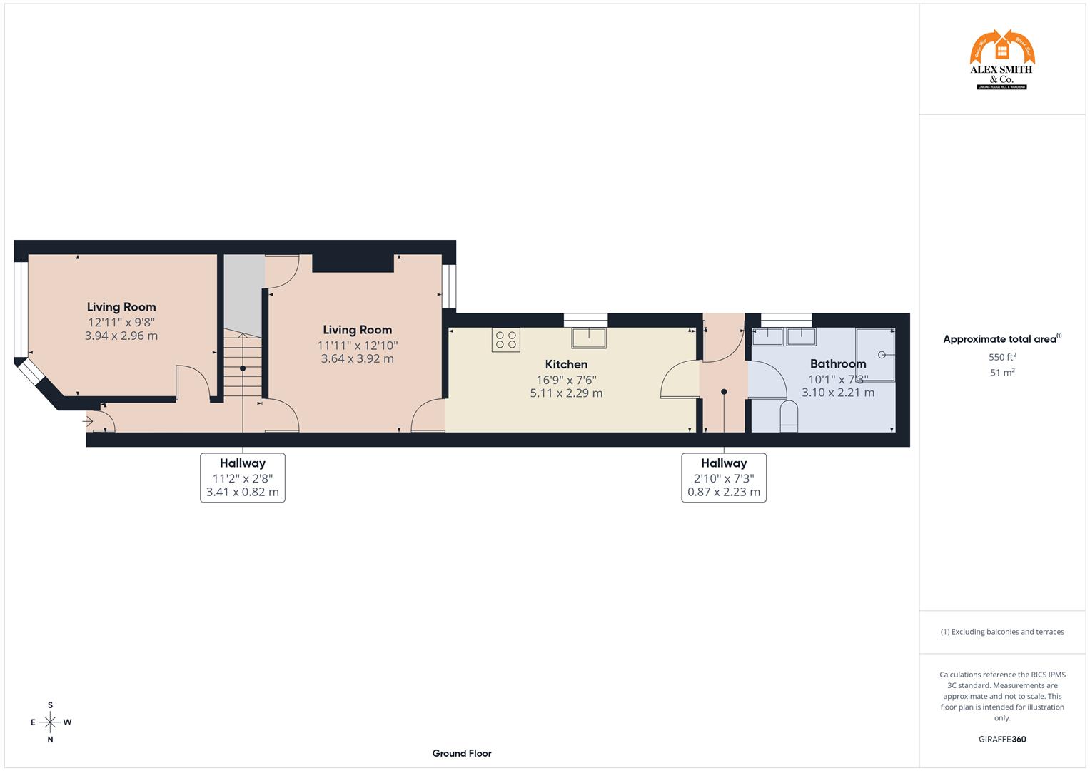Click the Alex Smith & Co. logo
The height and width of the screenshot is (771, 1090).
click(1001, 60)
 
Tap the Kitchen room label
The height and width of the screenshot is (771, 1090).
click(566, 364)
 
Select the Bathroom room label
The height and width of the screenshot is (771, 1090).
click(837, 363)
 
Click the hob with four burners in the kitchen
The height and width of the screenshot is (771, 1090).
click(505, 340)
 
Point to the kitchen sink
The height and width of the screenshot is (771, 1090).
click(588, 337)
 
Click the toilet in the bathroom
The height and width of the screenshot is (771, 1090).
click(788, 415)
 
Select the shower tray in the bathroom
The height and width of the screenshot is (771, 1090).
click(874, 355)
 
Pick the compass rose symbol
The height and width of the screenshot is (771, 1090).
click(50, 722)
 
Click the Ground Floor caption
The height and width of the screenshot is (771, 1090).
click(461, 753)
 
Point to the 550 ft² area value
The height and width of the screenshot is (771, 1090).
click(1002, 357)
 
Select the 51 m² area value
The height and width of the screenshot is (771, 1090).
click(1002, 372)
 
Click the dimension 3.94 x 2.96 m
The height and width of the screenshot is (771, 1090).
click(121, 336)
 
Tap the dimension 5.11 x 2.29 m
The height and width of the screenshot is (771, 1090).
click(566, 393)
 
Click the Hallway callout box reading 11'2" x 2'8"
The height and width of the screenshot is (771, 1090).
click(243, 478)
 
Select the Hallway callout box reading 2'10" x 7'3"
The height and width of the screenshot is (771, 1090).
click(723, 478)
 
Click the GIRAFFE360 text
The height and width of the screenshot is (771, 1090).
click(1001, 740)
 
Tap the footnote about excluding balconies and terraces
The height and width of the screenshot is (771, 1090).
click(1001, 632)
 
